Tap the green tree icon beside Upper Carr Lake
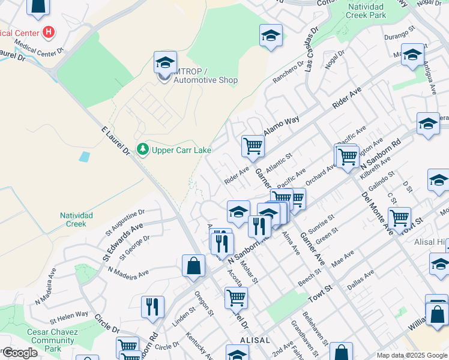click(142, 148)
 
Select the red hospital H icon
click(49, 32)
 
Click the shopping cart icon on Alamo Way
click(253, 145)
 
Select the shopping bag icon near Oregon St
click(193, 267)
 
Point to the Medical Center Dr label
click(35, 50)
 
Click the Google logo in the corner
click(20, 353)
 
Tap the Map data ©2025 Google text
click(411, 355)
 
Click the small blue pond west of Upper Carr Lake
click(85, 157)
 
